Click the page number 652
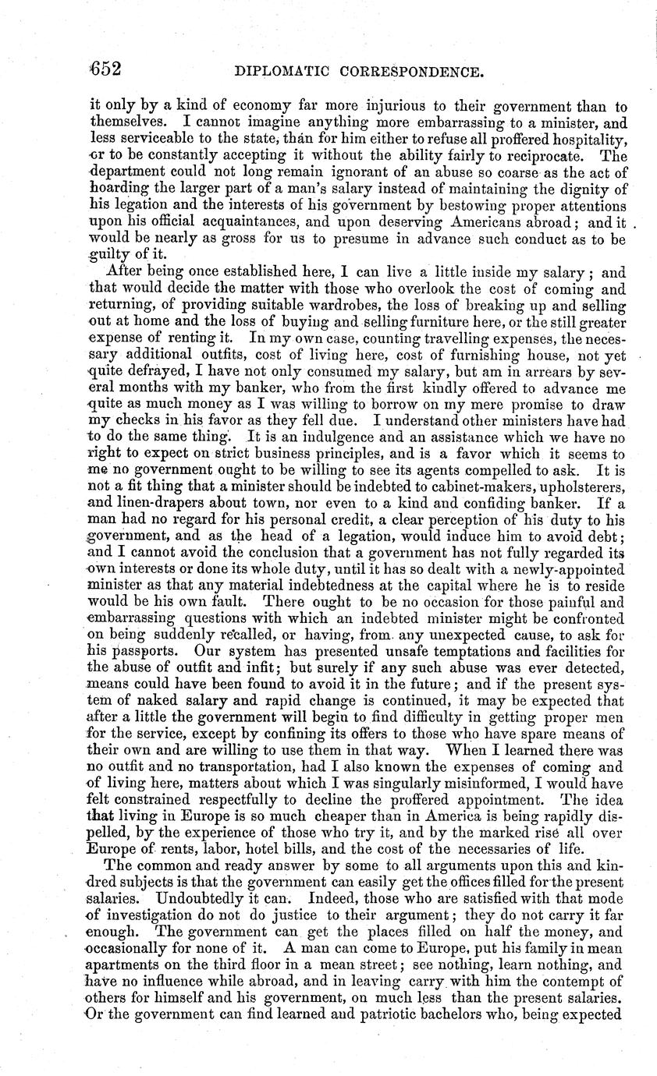tap(103, 69)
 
